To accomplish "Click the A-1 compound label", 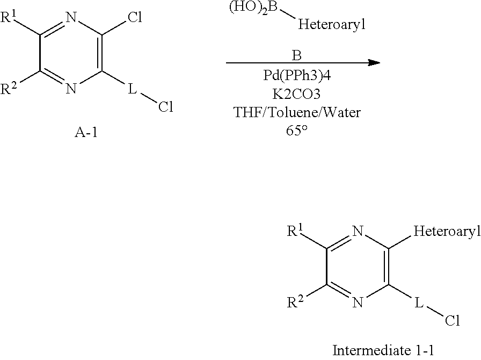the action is (x=86, y=132).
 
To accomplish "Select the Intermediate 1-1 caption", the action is (x=383, y=350).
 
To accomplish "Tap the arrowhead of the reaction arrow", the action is (x=374, y=63).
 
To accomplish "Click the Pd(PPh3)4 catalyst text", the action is (x=297, y=75).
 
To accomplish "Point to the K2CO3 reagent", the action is (x=296, y=94).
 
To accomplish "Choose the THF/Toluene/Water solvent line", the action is (x=297, y=112).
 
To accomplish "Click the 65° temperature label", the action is (x=297, y=131).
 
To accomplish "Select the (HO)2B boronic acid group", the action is (x=253, y=8).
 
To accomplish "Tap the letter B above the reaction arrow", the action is (x=297, y=55).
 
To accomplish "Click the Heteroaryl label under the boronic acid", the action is (x=332, y=24).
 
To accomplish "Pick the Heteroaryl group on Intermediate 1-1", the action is (x=447, y=231).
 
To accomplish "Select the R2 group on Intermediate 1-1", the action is (x=295, y=303).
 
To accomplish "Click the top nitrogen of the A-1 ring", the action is (x=71, y=17).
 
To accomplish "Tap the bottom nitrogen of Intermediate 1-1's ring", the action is (x=358, y=303).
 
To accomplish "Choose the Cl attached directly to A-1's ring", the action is (x=135, y=17).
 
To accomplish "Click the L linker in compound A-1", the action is (x=132, y=89).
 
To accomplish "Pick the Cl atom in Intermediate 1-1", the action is (x=453, y=320).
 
